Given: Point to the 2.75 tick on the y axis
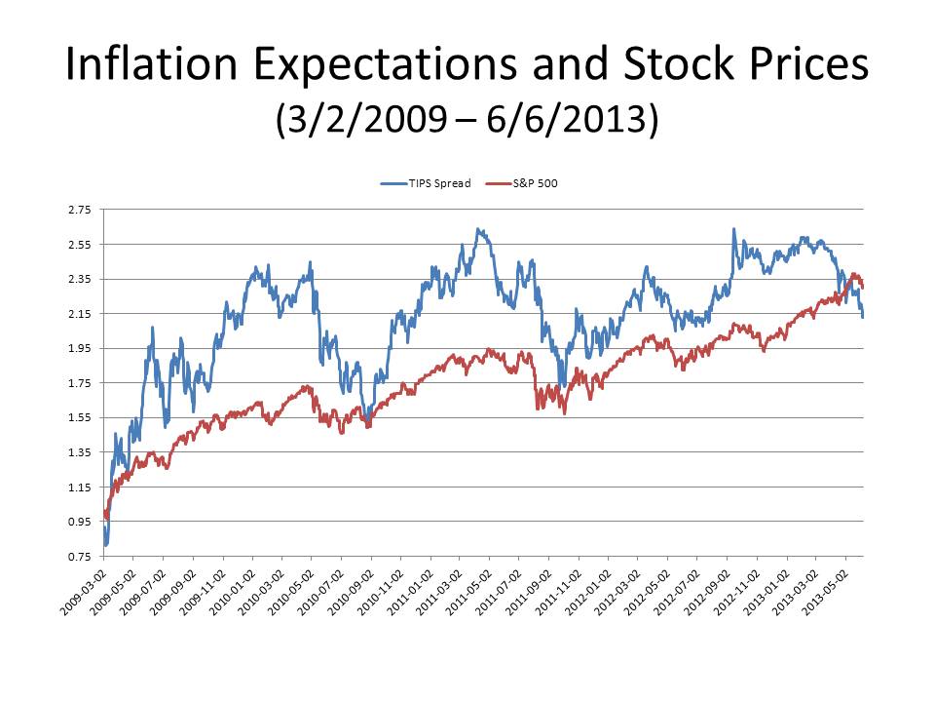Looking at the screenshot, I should [79, 210].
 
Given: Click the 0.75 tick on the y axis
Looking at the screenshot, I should [79, 557].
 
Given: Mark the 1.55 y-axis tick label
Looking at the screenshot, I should [79, 418].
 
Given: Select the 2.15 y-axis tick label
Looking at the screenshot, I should [79, 314].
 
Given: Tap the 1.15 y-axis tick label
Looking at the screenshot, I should [79, 487].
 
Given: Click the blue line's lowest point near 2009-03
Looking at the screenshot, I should [105, 543].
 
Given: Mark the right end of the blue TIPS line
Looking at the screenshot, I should [863, 317].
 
